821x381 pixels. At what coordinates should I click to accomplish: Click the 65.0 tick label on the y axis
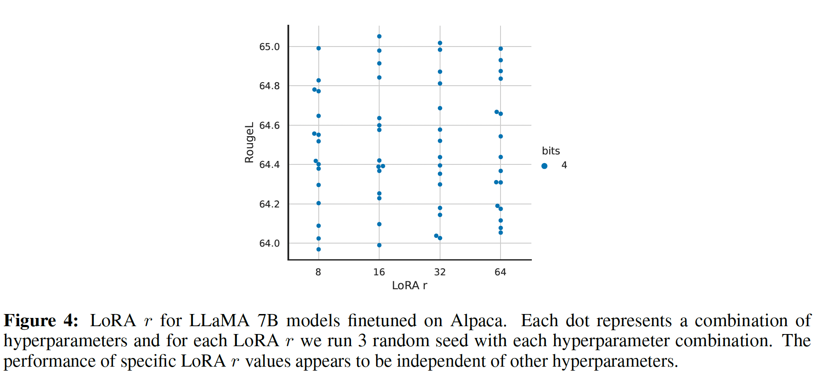point(269,47)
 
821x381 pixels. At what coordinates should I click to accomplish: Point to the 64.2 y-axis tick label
point(269,204)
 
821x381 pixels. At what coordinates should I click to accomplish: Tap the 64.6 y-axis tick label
point(269,125)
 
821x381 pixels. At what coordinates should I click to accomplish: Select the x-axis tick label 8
point(318,272)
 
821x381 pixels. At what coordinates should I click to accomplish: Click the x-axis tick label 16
point(379,272)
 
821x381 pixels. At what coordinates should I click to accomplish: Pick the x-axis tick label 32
point(440,272)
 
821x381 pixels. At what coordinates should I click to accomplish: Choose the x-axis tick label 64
point(501,272)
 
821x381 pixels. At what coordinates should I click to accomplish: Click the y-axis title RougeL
point(249,143)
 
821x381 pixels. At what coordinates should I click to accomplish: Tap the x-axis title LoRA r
point(409,285)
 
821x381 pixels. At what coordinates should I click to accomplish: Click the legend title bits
point(551,151)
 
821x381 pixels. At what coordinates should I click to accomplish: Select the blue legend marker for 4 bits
point(544,166)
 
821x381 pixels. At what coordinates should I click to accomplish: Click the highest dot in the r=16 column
point(379,37)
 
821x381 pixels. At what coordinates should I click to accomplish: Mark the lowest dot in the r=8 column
point(319,249)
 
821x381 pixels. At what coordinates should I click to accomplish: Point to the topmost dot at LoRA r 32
point(440,43)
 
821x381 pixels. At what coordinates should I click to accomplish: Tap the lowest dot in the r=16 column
point(379,245)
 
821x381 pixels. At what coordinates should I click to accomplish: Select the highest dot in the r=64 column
point(501,49)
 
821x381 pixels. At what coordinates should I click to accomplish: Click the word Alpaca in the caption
point(478,321)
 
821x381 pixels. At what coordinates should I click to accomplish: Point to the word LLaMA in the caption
point(219,321)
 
